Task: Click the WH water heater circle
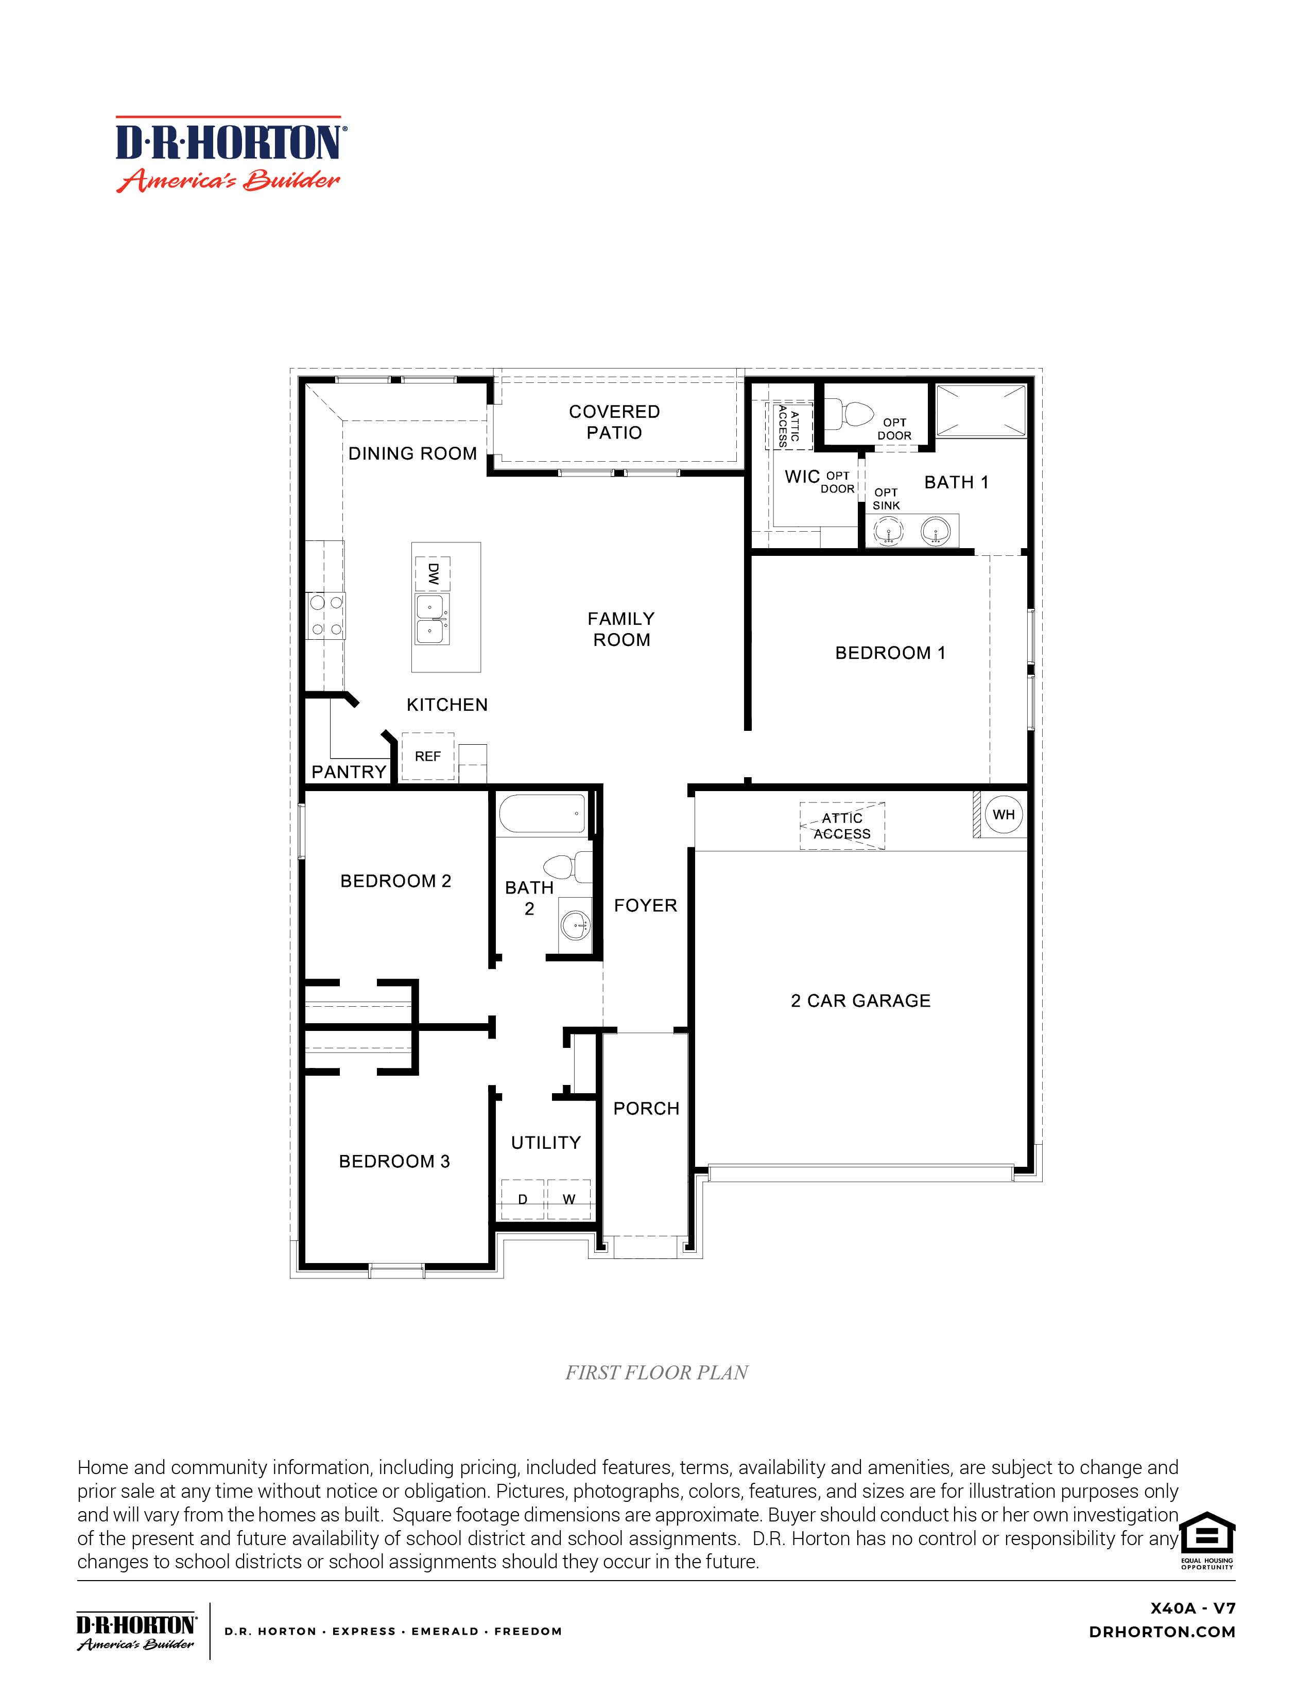pyautogui.click(x=1003, y=814)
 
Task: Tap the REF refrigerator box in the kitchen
pyautogui.click(x=427, y=756)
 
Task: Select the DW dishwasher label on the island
pyautogui.click(x=433, y=574)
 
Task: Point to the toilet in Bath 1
pyautogui.click(x=851, y=413)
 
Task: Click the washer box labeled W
pyautogui.click(x=569, y=1199)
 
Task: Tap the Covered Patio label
pyautogui.click(x=614, y=422)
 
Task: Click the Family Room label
pyautogui.click(x=621, y=628)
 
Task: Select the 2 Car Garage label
pyautogui.click(x=860, y=1001)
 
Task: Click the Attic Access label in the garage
pyautogui.click(x=842, y=826)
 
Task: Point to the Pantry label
pyautogui.click(x=349, y=772)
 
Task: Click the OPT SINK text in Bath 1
pyautogui.click(x=886, y=499)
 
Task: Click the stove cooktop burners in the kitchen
pyautogui.click(x=326, y=616)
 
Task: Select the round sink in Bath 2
pyautogui.click(x=577, y=925)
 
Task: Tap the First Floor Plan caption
pyautogui.click(x=656, y=1372)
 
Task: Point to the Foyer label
pyautogui.click(x=645, y=905)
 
